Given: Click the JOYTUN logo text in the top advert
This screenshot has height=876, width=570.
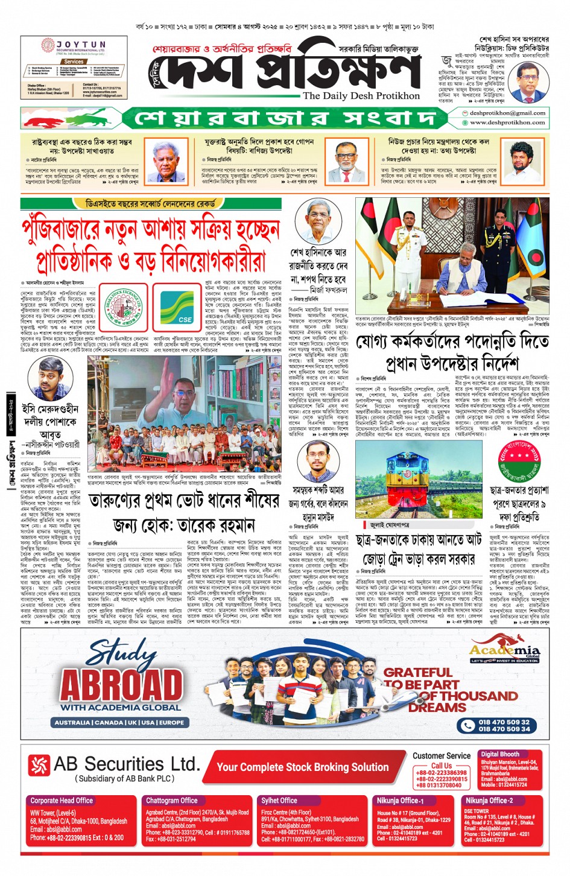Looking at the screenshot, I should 81,45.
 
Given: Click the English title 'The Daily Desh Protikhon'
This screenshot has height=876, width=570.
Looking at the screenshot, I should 361,95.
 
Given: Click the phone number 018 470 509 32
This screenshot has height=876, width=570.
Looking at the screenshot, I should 504,722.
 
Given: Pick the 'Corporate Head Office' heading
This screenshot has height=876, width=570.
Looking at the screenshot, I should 62,801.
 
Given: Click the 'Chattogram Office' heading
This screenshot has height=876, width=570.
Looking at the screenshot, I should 171,801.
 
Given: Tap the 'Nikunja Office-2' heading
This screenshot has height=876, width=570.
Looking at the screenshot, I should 489,801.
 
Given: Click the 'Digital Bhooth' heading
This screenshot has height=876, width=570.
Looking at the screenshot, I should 499,754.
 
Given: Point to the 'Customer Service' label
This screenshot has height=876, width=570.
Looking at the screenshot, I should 442,755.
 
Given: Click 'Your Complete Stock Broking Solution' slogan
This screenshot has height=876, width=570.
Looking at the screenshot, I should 302,767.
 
